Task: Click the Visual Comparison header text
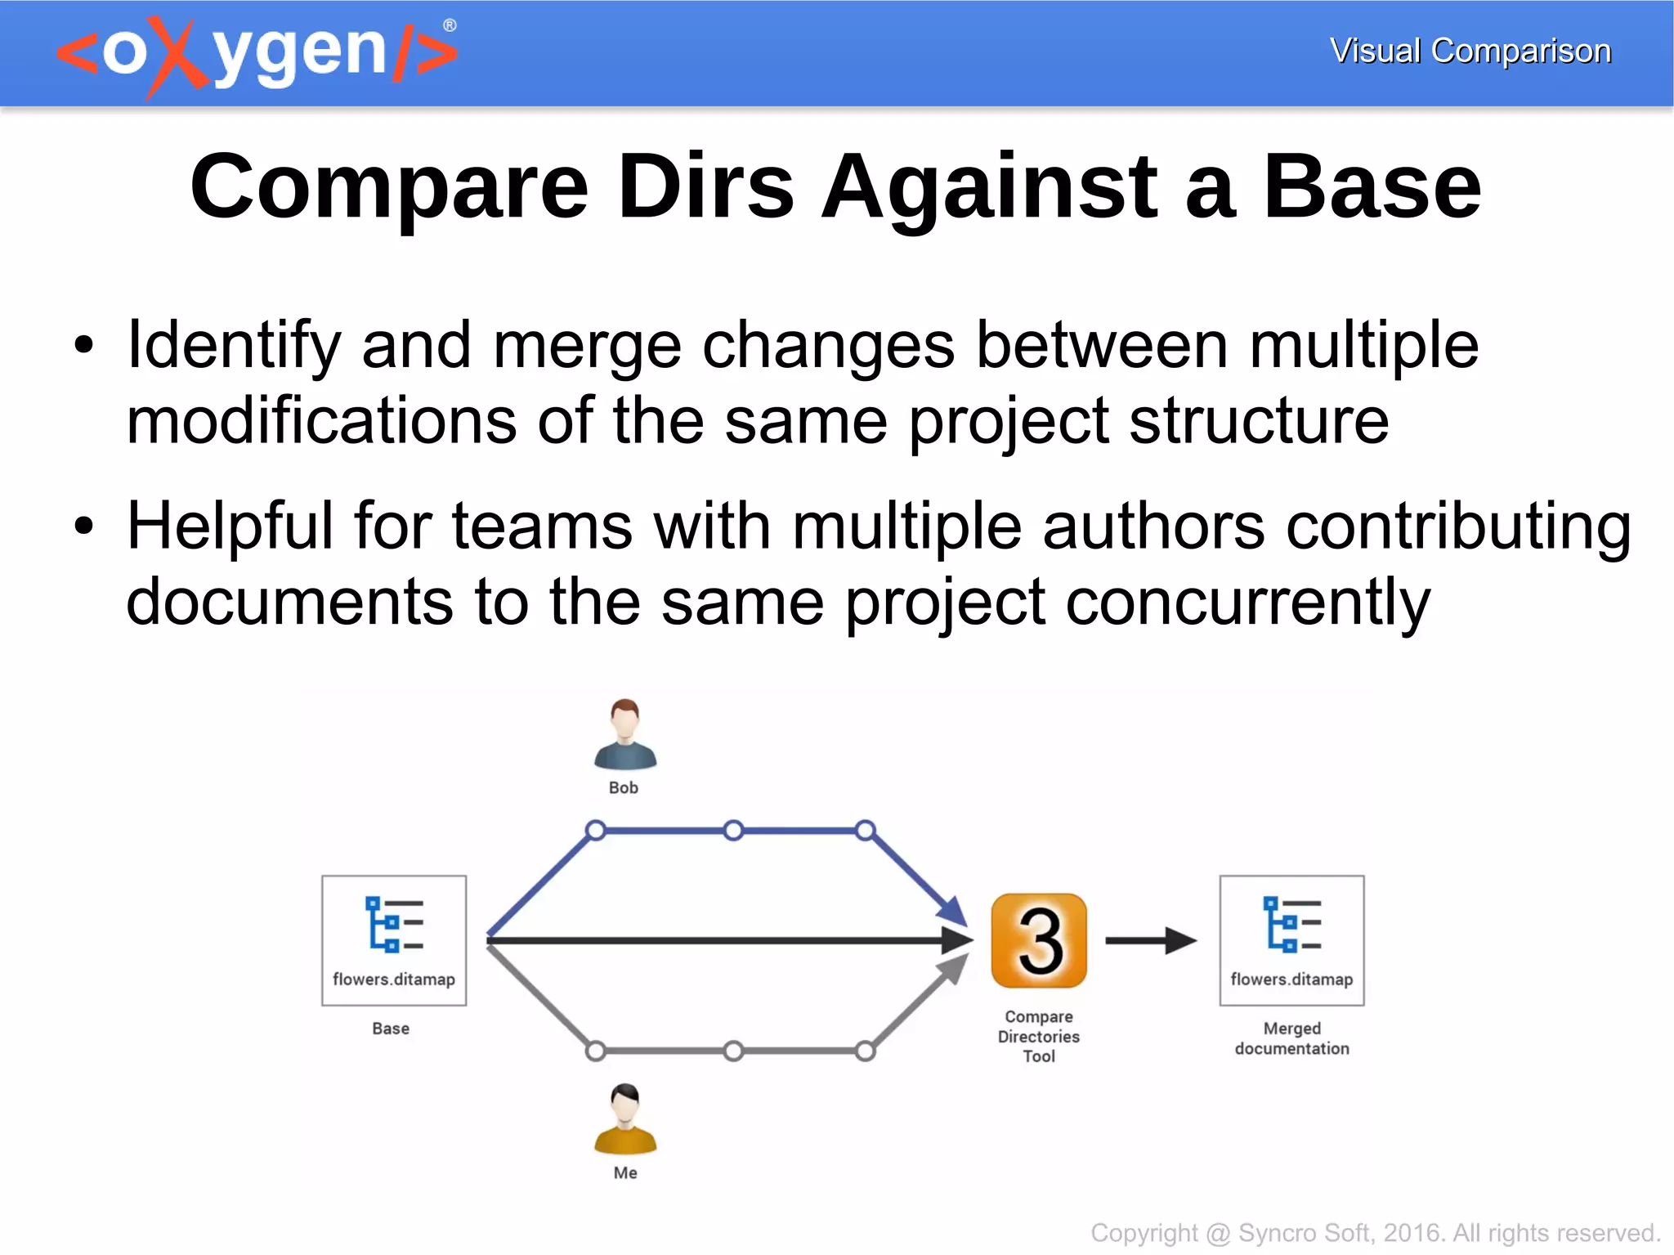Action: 1470,51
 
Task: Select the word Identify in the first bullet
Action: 234,345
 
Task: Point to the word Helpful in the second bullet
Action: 230,526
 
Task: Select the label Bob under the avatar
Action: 624,787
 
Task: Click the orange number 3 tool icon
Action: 1039,941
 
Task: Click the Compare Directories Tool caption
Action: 1039,1036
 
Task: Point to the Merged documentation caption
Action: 1291,1038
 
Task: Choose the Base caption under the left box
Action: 391,1029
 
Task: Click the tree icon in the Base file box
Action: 394,925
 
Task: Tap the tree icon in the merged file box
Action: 1291,925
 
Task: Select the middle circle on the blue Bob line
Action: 734,831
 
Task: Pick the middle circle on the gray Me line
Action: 734,1051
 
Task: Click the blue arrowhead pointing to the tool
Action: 952,911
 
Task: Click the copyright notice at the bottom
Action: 1375,1232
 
